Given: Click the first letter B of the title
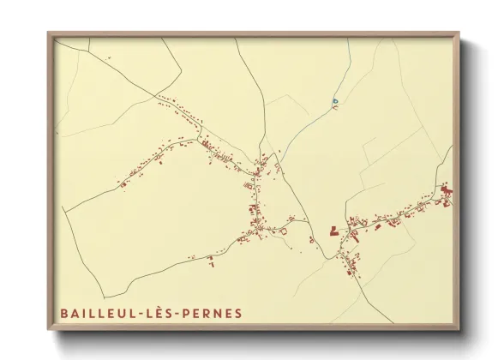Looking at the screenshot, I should click(x=65, y=313).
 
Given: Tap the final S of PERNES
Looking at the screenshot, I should click(x=237, y=313).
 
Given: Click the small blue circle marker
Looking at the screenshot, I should click(x=335, y=102).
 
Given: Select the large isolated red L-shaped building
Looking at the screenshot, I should click(x=333, y=230).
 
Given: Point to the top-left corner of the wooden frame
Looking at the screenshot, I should click(x=49, y=33).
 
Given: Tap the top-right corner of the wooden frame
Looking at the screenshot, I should click(x=459, y=33).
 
